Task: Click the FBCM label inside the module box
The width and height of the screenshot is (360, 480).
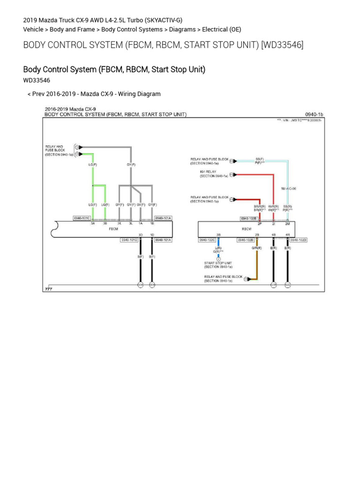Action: tap(113, 229)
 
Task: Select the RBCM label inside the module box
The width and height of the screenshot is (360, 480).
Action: tap(247, 229)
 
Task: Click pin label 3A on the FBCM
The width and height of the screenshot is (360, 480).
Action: tap(93, 224)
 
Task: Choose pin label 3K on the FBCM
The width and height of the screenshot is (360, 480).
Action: tap(119, 224)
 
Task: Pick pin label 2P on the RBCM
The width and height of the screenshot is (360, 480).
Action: tap(259, 224)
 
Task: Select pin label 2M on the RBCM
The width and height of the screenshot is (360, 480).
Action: tap(287, 224)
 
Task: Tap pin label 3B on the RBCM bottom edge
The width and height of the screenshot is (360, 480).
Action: tap(218, 235)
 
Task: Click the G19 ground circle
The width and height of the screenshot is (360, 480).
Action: tap(273, 285)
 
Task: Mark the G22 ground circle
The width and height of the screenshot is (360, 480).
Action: tap(288, 285)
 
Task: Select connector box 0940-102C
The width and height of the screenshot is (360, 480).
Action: tap(207, 240)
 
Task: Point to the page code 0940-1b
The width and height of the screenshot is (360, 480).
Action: tap(314, 114)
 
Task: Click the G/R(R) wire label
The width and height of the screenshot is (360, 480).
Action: tap(256, 247)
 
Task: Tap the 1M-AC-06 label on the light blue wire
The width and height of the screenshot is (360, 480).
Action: tap(288, 188)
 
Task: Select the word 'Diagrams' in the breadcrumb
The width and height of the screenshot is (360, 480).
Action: tap(182, 29)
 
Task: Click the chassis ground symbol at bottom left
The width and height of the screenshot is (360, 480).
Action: tap(48, 289)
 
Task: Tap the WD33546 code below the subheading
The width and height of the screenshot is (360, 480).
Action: tap(37, 80)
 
